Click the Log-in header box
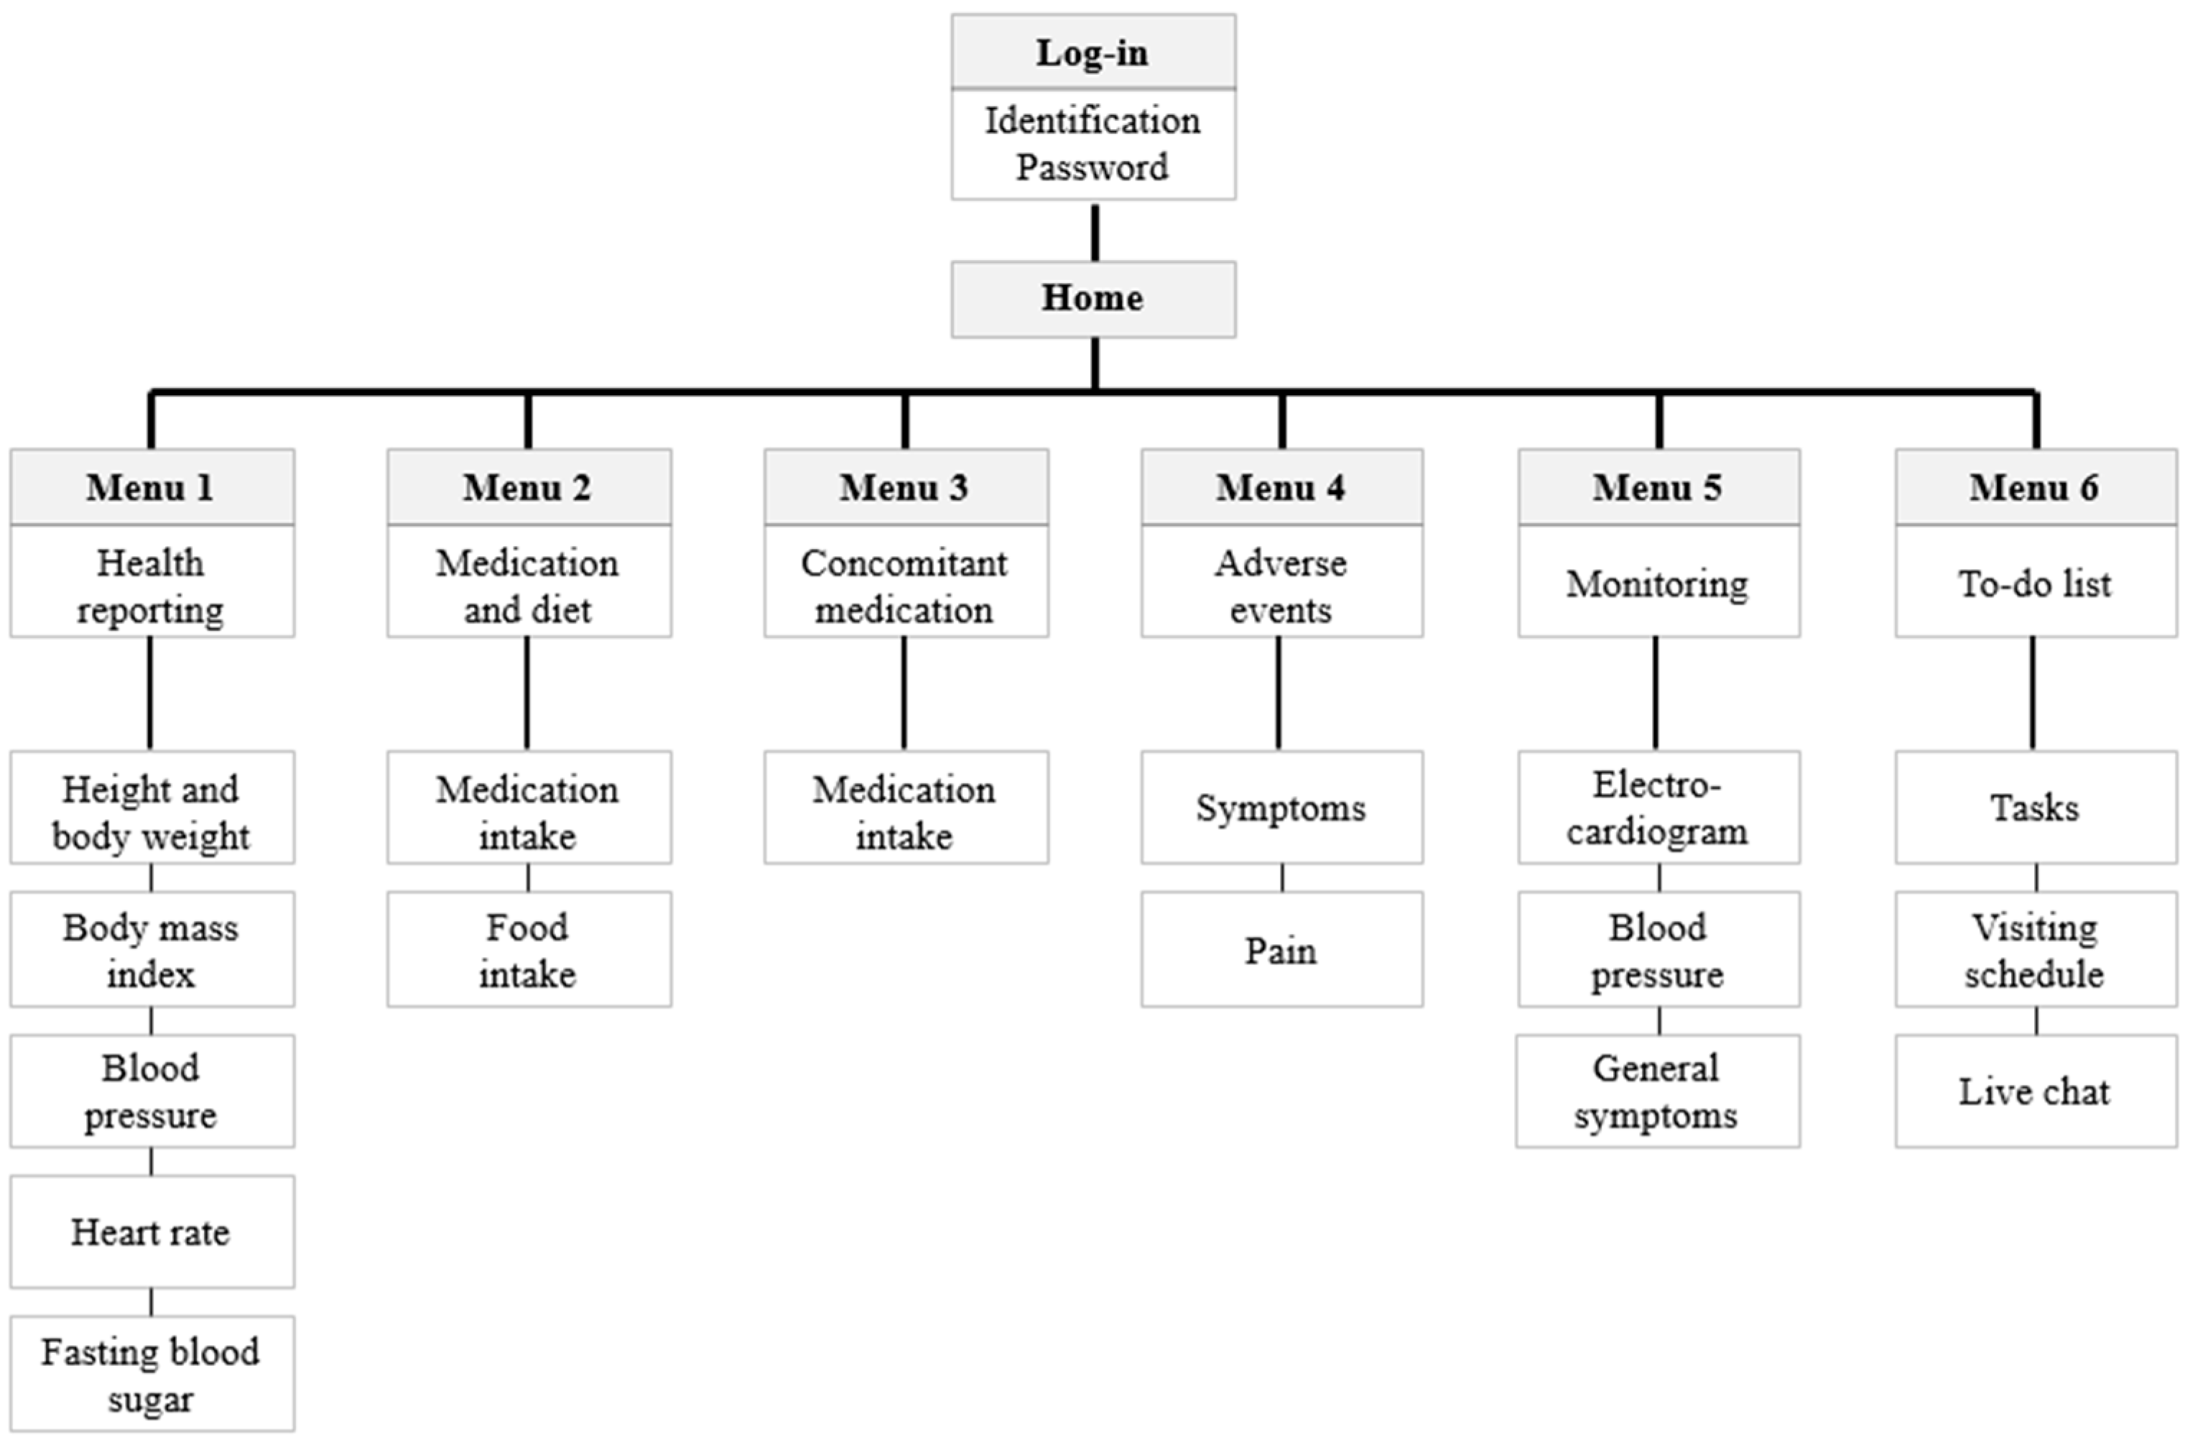pos(1092,52)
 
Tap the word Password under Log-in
pos(1092,168)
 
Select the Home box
pos(1092,299)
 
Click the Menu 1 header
pos(152,488)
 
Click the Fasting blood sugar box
pos(152,1374)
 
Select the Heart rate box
pos(152,1231)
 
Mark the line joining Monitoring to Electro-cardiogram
pos(1656,693)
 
